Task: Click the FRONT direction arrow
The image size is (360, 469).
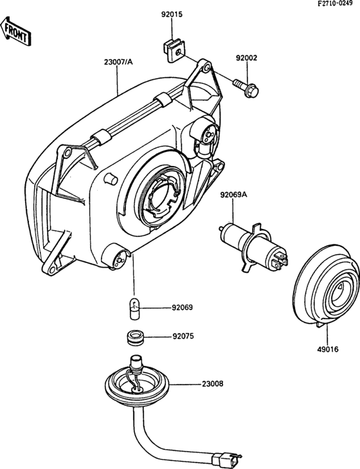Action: click(x=15, y=32)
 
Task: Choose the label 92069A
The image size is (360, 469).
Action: click(x=235, y=195)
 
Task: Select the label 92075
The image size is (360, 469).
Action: click(x=183, y=336)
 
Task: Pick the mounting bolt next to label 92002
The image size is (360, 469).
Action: click(x=246, y=88)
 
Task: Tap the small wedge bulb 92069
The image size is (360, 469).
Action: click(x=134, y=309)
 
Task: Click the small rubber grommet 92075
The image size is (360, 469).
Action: click(x=134, y=336)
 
